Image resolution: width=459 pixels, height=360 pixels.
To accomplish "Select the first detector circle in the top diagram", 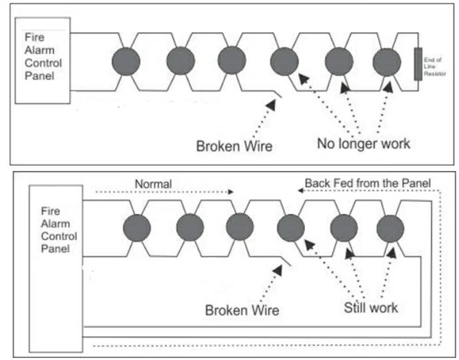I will [x=127, y=61].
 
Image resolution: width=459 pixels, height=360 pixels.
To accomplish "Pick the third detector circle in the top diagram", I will [x=232, y=61].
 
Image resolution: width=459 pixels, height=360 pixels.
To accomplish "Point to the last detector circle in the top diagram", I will [x=386, y=62].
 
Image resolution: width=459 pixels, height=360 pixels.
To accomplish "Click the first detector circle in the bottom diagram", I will [x=137, y=229].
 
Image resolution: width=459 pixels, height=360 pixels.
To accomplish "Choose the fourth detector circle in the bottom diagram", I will [x=290, y=229].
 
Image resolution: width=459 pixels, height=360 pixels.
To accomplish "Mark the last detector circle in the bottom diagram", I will [x=390, y=229].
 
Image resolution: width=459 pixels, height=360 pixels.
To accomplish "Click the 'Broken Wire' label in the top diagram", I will [x=234, y=145].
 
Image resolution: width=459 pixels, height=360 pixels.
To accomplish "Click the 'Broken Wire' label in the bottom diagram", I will [x=242, y=309].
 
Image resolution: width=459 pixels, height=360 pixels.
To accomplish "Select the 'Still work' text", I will [x=371, y=307].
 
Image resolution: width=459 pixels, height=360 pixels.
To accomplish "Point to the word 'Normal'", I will [x=153, y=183].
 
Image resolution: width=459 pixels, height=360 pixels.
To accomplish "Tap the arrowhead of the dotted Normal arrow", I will [x=231, y=191].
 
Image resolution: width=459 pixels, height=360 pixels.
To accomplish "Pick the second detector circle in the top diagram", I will [x=180, y=61].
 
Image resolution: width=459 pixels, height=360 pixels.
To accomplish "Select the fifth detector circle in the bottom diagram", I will [x=344, y=229].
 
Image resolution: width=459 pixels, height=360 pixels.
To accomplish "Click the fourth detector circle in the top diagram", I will [x=284, y=62].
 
